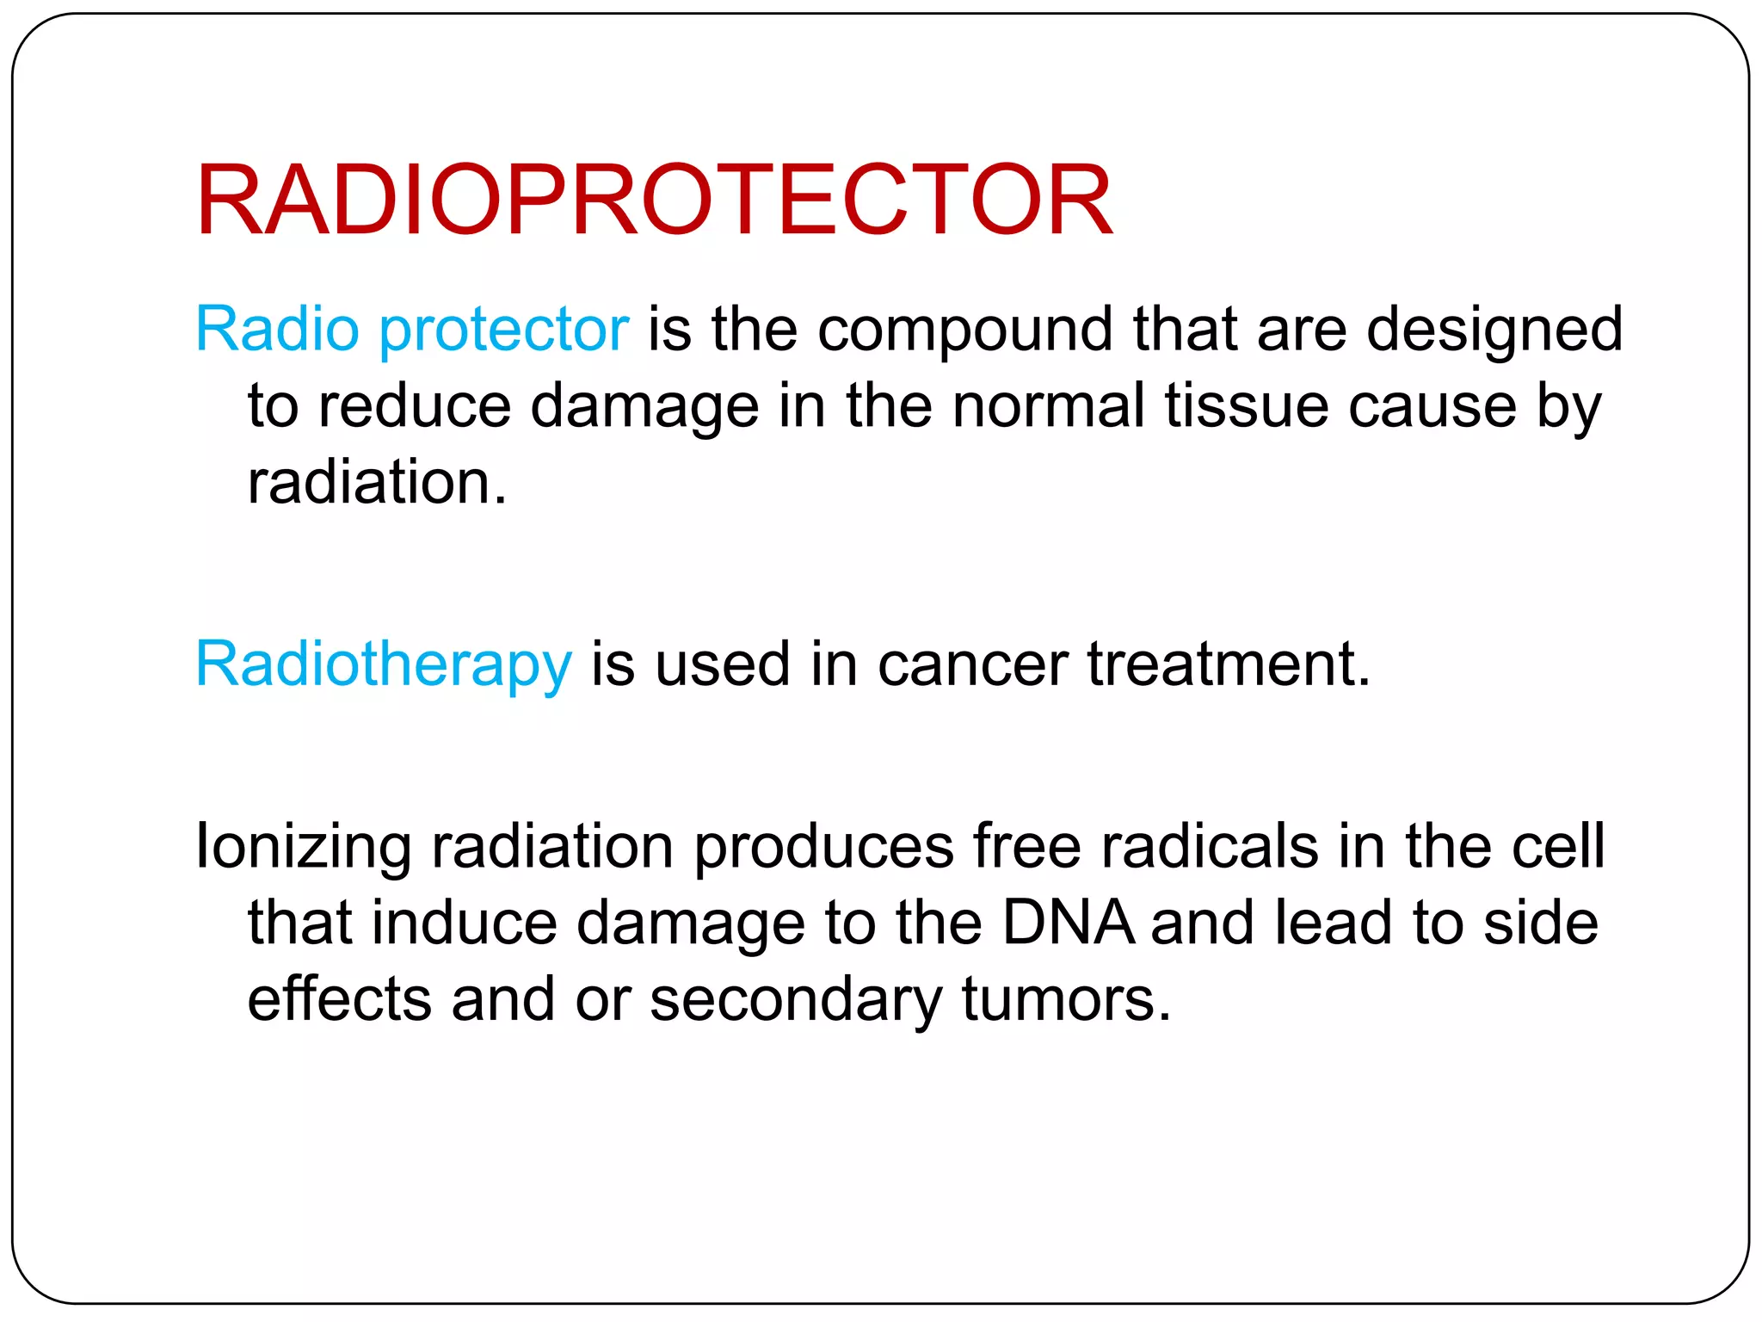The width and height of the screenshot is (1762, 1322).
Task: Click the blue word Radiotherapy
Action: [383, 664]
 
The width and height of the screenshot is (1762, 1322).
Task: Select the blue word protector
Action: [504, 330]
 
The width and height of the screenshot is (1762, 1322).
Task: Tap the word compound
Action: [964, 330]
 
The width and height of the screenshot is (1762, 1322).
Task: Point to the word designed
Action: [1494, 330]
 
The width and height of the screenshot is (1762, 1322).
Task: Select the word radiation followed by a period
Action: [377, 482]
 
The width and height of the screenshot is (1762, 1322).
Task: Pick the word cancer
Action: [972, 664]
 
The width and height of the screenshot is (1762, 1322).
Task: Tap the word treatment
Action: [1228, 664]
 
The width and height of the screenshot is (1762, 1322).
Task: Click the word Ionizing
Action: [304, 847]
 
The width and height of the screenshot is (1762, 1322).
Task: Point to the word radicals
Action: [1210, 847]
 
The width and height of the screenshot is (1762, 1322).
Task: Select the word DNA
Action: [1068, 923]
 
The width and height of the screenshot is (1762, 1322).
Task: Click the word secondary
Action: [796, 1000]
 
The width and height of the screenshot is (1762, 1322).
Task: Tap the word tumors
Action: [1066, 1000]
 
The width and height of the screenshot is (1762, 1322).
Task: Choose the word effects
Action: [339, 1000]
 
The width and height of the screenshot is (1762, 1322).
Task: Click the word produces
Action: [823, 847]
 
